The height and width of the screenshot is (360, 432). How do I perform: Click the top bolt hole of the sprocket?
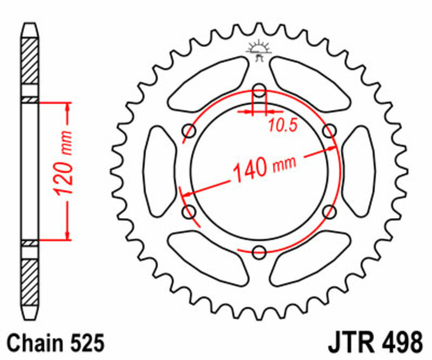pyautogui.click(x=259, y=90)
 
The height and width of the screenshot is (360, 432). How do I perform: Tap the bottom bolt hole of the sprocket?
pyautogui.click(x=259, y=251)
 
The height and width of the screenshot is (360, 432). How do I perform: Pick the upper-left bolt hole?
pyautogui.click(x=190, y=130)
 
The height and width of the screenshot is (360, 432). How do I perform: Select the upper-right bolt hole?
pyautogui.click(x=329, y=130)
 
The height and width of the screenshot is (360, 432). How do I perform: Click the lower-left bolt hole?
pyautogui.click(x=190, y=211)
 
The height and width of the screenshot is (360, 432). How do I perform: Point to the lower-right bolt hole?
pyautogui.click(x=329, y=211)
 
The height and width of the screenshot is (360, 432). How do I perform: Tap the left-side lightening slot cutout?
pyautogui.click(x=159, y=171)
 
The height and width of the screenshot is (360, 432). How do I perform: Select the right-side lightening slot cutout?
pyautogui.click(x=359, y=171)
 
